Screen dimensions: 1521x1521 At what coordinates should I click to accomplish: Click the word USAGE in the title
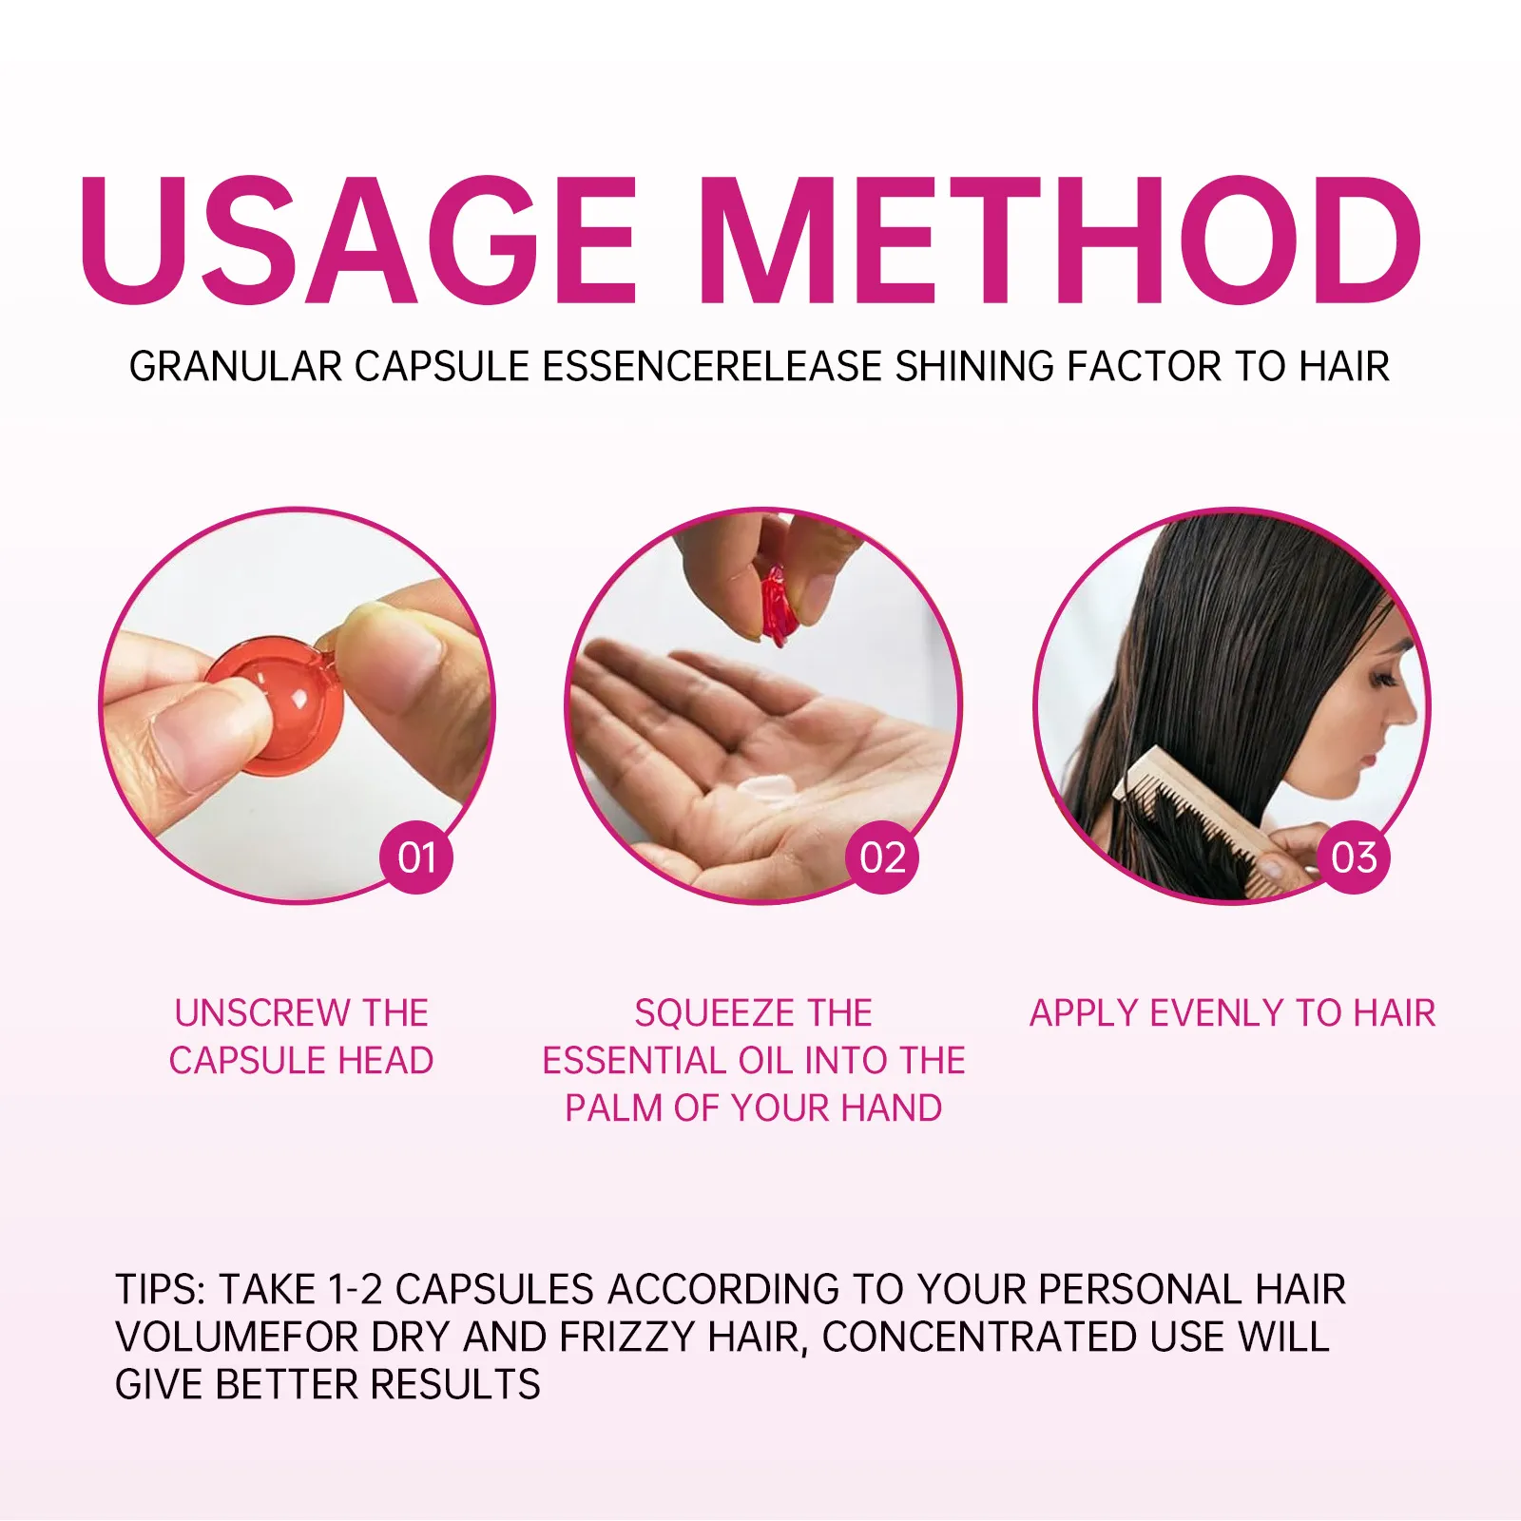click(357, 240)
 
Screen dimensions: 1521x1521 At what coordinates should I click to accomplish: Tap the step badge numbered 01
click(416, 857)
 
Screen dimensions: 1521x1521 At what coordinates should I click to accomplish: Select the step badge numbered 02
click(882, 857)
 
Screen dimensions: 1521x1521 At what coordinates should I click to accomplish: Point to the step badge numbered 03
click(1354, 857)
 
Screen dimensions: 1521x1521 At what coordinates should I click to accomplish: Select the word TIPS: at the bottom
click(161, 1290)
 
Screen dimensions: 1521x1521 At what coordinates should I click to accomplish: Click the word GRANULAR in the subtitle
click(236, 367)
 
